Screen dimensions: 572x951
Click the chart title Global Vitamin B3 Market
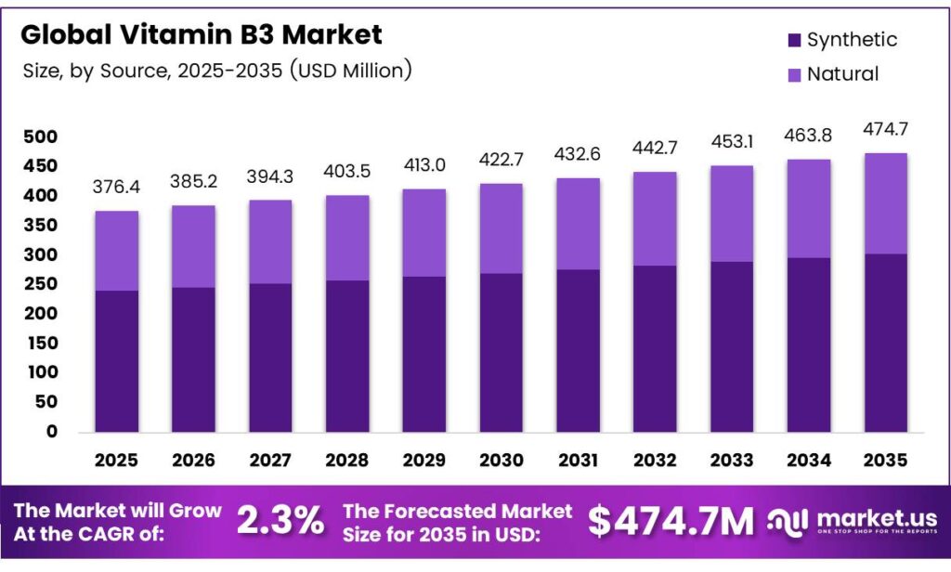click(201, 35)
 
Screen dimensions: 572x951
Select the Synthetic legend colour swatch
click(794, 40)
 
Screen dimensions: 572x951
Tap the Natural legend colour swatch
click(794, 74)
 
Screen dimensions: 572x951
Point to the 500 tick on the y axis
click(40, 136)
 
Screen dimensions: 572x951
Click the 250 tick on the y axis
click(40, 284)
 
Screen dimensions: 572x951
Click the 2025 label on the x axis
click(116, 460)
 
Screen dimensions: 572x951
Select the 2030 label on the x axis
click(502, 460)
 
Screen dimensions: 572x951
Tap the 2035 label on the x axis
click(886, 460)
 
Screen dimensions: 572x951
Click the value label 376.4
click(116, 188)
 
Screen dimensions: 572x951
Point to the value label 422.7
click(502, 161)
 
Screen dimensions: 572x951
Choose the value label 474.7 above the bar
click(886, 128)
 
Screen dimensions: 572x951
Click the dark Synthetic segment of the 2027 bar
click(270, 357)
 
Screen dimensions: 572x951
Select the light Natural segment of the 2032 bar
click(656, 219)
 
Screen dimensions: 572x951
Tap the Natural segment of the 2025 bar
click(116, 251)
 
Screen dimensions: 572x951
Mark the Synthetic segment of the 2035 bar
click(886, 343)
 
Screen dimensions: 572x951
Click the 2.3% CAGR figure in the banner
click(280, 521)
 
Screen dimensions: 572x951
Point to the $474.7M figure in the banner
click(671, 522)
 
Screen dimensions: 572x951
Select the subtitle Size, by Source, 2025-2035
click(216, 71)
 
